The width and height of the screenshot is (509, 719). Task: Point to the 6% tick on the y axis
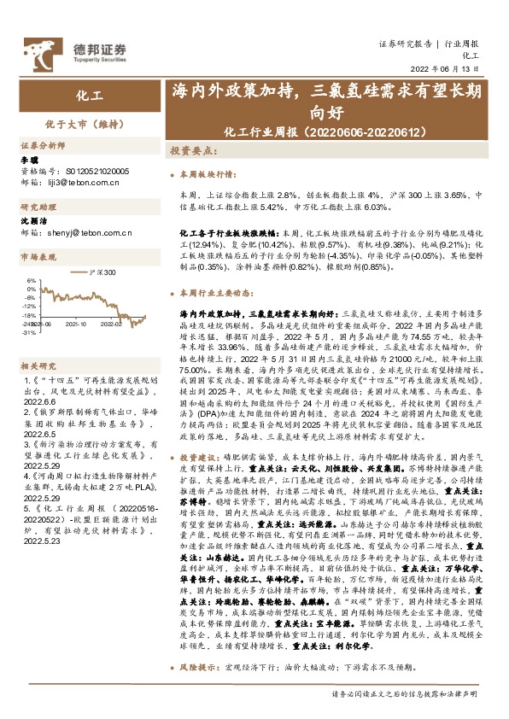[x=31, y=278]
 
